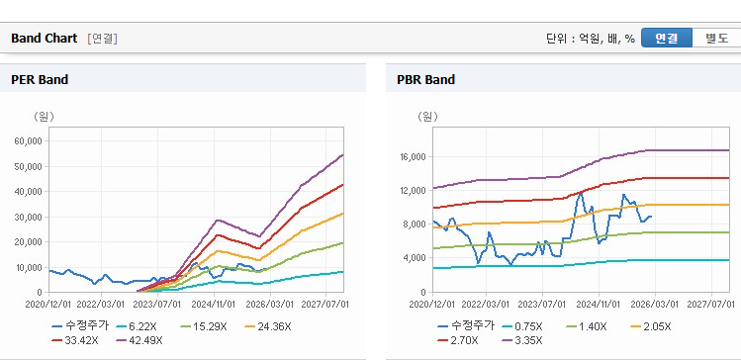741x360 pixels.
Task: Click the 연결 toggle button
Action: click(x=667, y=38)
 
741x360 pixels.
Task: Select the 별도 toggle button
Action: click(x=716, y=38)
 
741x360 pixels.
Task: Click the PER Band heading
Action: click(x=40, y=80)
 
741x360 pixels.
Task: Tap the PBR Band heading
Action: click(x=426, y=80)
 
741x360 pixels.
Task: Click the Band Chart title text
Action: click(x=44, y=39)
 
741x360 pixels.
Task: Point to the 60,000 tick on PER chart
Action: click(x=30, y=140)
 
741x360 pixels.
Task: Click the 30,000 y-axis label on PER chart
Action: click(x=30, y=217)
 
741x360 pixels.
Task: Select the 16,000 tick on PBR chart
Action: click(x=414, y=157)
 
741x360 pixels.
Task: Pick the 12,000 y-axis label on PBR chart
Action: click(x=414, y=191)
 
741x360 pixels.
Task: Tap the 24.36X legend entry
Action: click(x=268, y=326)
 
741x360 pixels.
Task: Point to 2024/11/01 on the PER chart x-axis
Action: click(x=214, y=304)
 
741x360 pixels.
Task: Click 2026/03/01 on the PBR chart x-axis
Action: click(x=656, y=304)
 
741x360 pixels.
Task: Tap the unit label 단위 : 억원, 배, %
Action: click(x=591, y=39)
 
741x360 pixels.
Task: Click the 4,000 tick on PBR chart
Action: click(x=416, y=257)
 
